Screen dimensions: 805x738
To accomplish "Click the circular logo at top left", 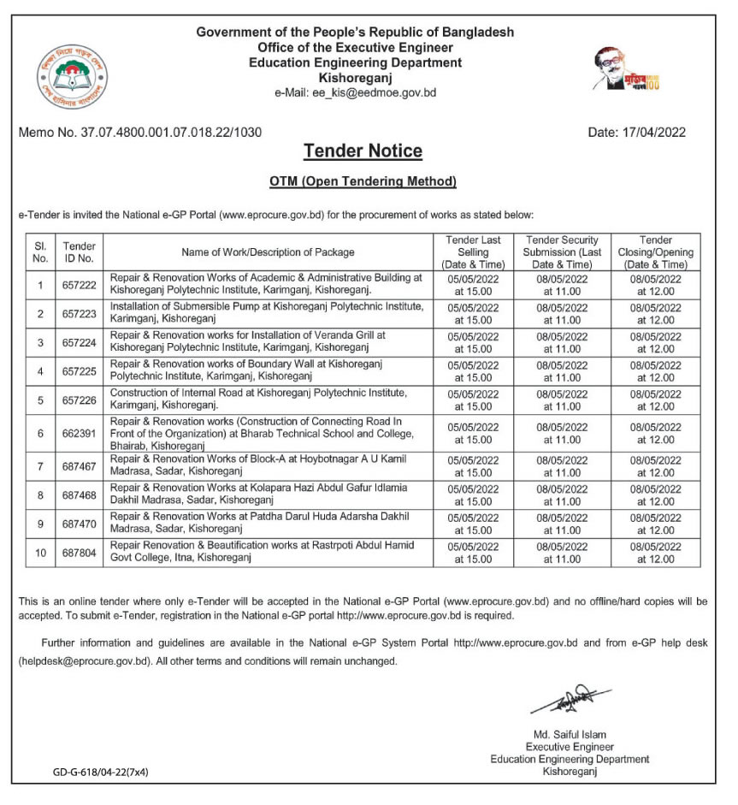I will click(74, 75).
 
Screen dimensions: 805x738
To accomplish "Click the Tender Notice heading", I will click(363, 151).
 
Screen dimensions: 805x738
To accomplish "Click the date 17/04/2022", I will click(637, 133).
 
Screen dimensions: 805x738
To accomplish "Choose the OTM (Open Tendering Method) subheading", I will click(363, 181).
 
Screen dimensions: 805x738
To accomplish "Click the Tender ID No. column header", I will click(80, 252).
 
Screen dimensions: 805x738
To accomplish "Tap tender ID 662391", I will click(80, 434).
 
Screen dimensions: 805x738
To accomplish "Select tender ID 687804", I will click(80, 553).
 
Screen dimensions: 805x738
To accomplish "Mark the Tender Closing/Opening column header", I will click(655, 252).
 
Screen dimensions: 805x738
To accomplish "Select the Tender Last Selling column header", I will click(472, 252).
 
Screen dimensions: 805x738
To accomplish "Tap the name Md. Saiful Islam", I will click(569, 735).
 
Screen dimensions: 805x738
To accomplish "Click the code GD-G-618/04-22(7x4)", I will click(101, 772).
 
